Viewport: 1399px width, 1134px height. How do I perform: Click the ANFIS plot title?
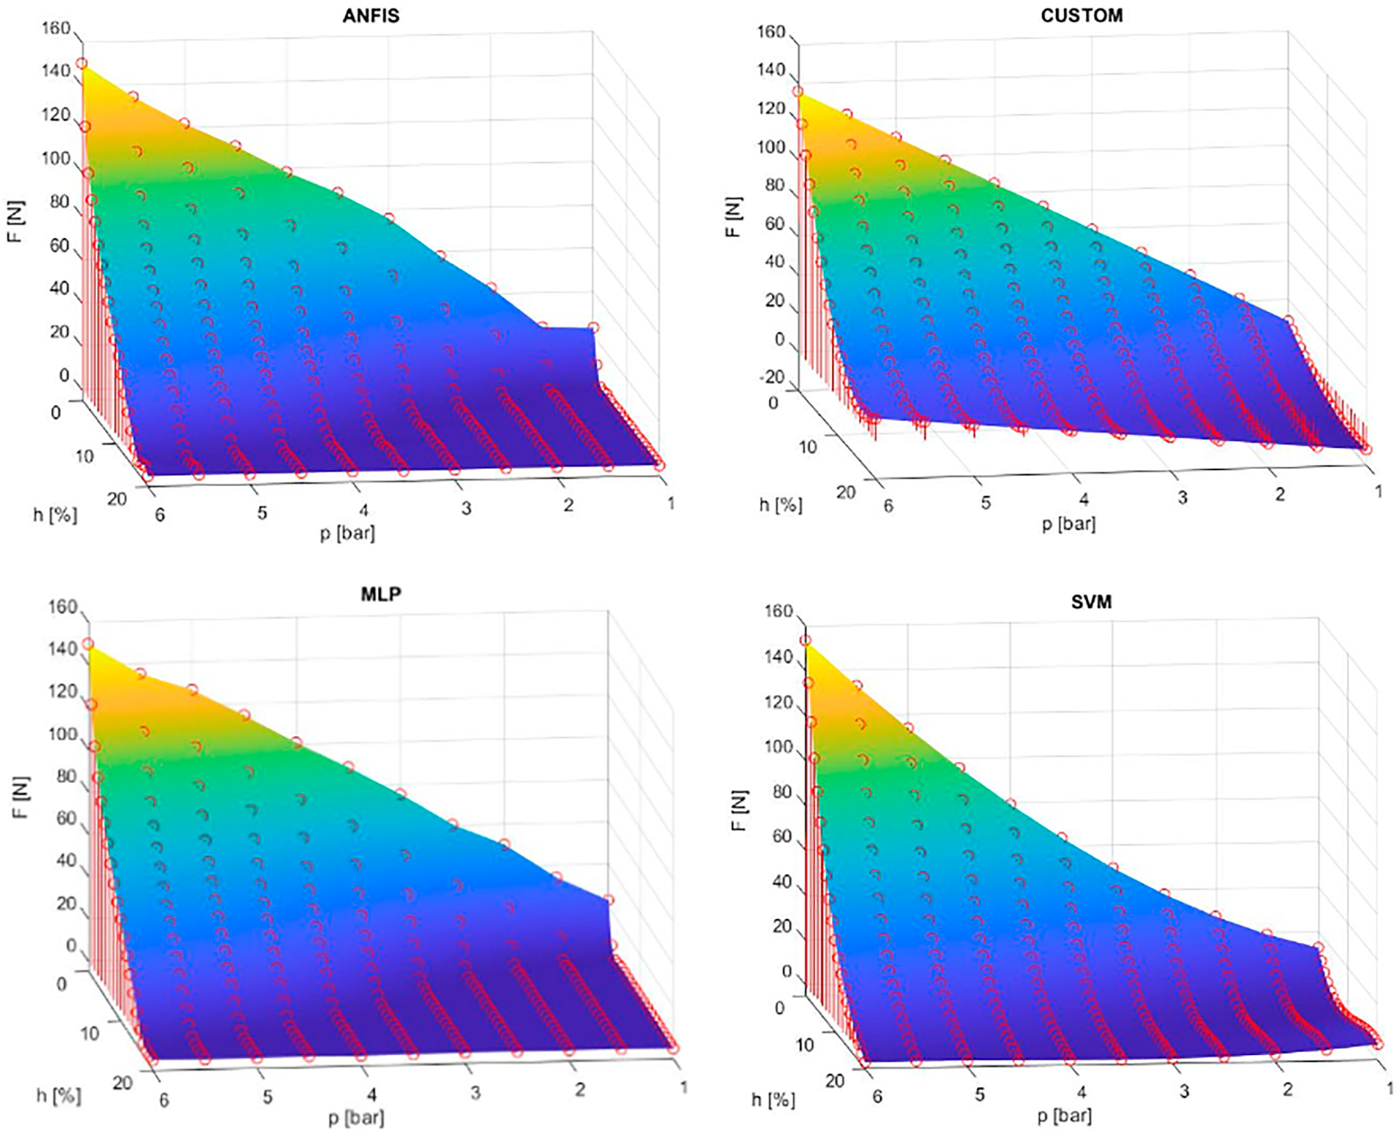[371, 15]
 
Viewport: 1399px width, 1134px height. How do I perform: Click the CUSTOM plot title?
[1082, 15]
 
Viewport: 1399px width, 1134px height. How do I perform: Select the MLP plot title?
[381, 594]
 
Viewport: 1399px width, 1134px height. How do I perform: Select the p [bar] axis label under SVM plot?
[1064, 1115]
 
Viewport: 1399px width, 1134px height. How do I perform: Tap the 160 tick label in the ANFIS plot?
[55, 28]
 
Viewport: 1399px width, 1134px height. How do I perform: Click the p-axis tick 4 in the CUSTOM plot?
[1083, 500]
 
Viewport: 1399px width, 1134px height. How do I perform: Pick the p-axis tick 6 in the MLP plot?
[164, 1100]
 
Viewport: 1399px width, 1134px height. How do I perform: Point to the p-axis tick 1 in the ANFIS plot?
[671, 503]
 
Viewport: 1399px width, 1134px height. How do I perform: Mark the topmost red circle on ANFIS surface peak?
[81, 63]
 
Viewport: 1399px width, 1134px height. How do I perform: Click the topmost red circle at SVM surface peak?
[806, 641]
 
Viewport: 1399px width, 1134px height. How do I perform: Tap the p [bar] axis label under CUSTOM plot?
[1068, 524]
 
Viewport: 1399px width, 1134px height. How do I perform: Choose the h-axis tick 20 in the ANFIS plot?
[117, 499]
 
